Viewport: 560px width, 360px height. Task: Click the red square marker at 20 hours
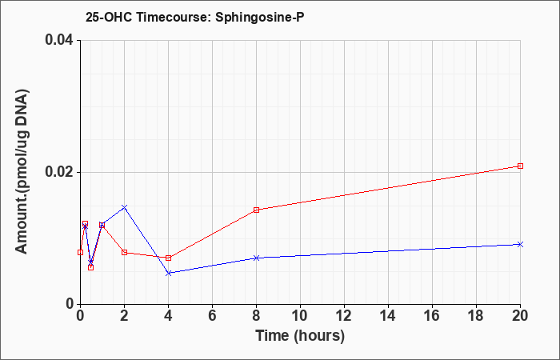520,166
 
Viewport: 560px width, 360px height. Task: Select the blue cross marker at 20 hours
520,244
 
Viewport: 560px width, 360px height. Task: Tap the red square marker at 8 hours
257,210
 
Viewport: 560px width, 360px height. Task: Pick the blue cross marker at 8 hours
257,258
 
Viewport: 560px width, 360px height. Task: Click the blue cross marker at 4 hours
169,274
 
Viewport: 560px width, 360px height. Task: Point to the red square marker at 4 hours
169,258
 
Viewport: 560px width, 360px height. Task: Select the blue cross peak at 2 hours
124,207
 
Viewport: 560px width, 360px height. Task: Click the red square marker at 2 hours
124,253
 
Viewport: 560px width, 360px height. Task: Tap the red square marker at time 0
80,253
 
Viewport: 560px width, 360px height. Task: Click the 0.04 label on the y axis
58,40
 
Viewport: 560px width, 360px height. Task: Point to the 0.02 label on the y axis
58,172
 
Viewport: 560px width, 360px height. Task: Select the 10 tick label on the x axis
300,316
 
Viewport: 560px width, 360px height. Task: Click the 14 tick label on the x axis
388,316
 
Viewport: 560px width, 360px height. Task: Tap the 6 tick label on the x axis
213,316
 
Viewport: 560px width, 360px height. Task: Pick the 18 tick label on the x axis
477,316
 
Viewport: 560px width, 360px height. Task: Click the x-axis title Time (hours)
300,336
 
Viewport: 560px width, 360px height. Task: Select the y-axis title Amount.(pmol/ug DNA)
22,172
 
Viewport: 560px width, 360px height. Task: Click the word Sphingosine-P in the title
260,17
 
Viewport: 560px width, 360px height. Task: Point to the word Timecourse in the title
174,17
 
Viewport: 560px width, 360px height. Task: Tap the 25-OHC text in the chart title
110,17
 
